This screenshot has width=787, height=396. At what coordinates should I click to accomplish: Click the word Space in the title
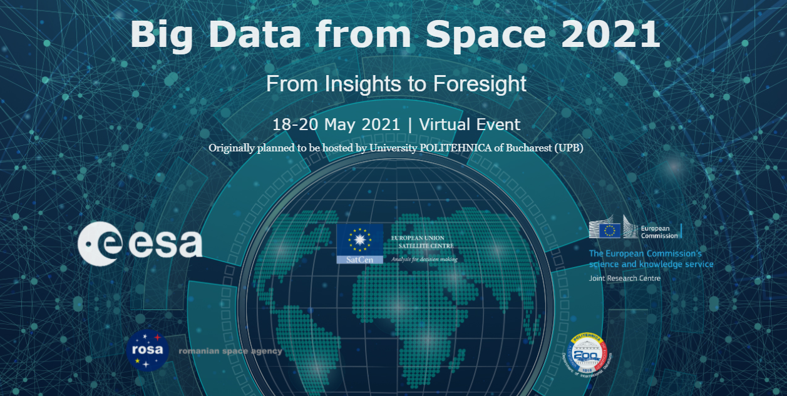point(488,34)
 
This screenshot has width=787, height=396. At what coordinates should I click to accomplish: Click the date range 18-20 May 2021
point(336,124)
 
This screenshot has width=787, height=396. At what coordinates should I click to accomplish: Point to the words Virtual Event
point(470,124)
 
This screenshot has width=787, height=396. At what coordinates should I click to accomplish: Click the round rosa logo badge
point(148,350)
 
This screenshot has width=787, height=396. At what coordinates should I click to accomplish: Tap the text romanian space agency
point(230,352)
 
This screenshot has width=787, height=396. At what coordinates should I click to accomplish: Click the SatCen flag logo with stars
point(359,243)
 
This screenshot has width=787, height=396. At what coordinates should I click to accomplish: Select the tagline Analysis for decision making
point(424,259)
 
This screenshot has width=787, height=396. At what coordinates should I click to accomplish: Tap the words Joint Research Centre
point(624,278)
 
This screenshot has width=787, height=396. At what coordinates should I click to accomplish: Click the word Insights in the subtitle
point(365,84)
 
